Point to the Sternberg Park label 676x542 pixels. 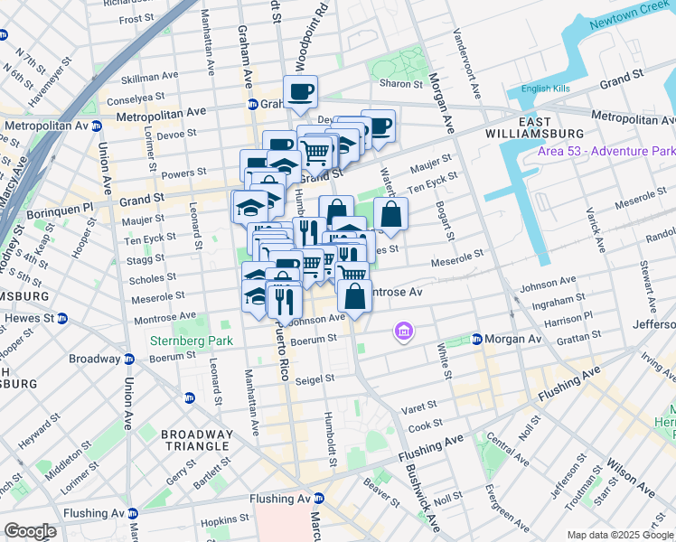pos(191,341)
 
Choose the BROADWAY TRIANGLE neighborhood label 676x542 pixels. pos(197,442)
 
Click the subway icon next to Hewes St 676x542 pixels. pos(62,318)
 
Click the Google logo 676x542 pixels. pos(30,531)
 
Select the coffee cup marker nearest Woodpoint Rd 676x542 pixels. pos(300,90)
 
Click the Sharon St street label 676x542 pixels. pos(402,84)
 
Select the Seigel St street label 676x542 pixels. pos(316,378)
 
